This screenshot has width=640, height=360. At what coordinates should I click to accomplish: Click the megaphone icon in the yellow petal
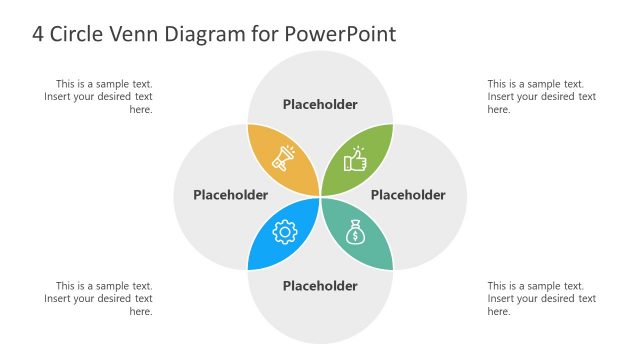[x=284, y=158]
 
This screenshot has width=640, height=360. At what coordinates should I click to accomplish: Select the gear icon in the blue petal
[x=285, y=233]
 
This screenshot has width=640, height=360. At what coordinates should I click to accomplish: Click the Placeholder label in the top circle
[x=320, y=104]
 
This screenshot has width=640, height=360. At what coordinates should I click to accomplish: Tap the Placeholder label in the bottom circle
[x=320, y=286]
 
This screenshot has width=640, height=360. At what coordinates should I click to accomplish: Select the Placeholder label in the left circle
[x=230, y=195]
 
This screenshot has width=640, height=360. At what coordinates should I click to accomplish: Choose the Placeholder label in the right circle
[x=408, y=195]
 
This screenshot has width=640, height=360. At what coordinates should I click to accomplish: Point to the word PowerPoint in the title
[x=341, y=34]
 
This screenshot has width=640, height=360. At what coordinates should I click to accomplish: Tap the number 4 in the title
[x=38, y=34]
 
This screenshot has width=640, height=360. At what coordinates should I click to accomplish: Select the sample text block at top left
[x=100, y=97]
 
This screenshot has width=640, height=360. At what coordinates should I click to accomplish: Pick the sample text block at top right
[x=541, y=97]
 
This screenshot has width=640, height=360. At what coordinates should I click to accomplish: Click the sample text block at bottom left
[x=100, y=298]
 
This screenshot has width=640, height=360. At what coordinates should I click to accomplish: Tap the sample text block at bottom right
[x=541, y=298]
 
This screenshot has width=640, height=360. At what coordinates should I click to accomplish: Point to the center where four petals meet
[x=320, y=196]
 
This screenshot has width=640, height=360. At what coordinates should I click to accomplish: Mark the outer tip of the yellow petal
[x=248, y=124]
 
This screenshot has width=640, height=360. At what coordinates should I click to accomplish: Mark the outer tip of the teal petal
[x=393, y=269]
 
